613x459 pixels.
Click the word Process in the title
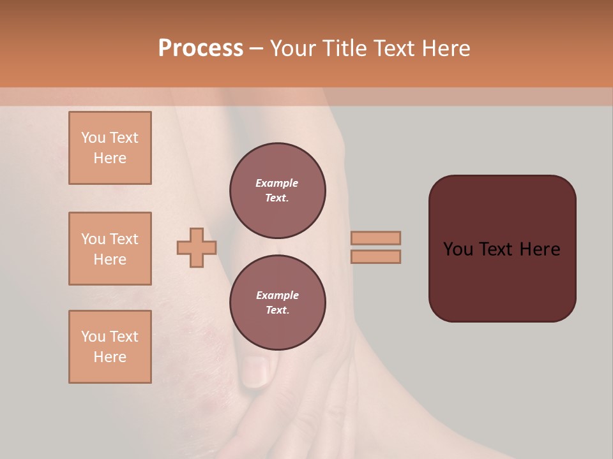[x=201, y=48]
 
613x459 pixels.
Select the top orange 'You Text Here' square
[x=110, y=148]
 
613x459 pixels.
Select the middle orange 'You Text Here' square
[x=110, y=249]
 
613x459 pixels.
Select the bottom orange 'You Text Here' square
[x=110, y=347]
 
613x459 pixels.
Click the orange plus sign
[x=197, y=248]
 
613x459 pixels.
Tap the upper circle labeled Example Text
[x=277, y=190]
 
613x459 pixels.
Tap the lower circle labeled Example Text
[x=277, y=302]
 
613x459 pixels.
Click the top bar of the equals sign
[x=376, y=238]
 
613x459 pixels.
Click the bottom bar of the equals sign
[x=376, y=257]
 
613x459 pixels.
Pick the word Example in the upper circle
[x=277, y=183]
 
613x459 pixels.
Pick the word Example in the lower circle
[x=277, y=295]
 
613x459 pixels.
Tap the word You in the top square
[x=93, y=138]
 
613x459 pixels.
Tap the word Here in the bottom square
[x=110, y=357]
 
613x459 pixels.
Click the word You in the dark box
[x=458, y=249]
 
